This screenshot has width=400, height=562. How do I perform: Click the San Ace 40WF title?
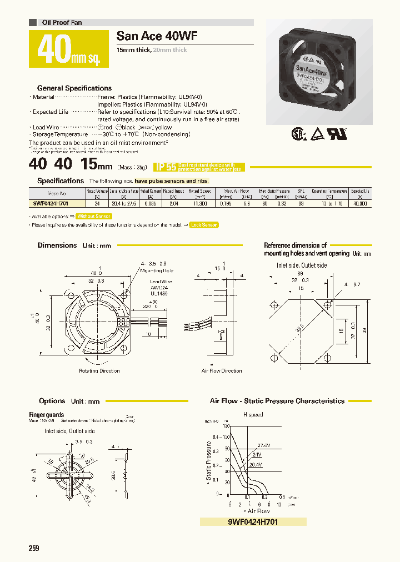[x=157, y=37]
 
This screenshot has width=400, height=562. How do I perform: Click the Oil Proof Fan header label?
[x=62, y=23]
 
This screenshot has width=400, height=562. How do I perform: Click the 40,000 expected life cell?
[x=359, y=204]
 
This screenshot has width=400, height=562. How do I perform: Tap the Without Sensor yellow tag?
[x=94, y=216]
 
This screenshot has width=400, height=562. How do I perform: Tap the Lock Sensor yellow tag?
[x=204, y=225]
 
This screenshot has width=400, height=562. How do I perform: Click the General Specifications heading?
[x=74, y=88]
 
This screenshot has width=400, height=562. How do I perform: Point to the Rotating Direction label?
[x=99, y=370]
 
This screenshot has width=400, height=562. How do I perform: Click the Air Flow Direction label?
[x=222, y=370]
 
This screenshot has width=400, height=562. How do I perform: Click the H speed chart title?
[x=253, y=415]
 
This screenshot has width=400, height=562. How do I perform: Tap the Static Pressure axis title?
[x=209, y=460]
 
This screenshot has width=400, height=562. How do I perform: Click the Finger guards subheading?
[x=46, y=415]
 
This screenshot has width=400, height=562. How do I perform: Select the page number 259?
[x=34, y=548]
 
